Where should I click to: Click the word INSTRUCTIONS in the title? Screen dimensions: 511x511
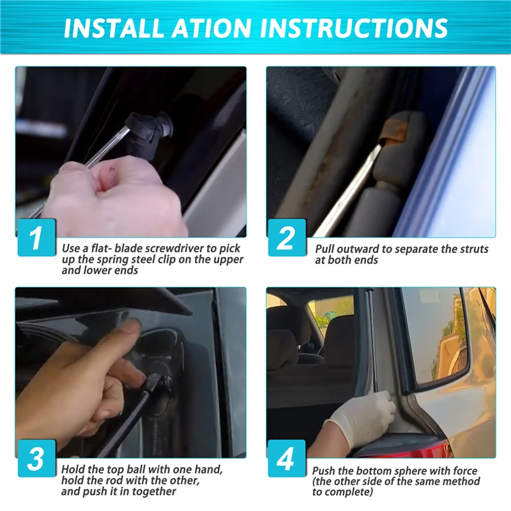pyautogui.click(x=354, y=27)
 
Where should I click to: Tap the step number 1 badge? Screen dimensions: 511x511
pyautogui.click(x=36, y=237)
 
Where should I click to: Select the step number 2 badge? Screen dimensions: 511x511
pyautogui.click(x=287, y=237)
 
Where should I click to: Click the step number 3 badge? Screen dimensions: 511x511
pyautogui.click(x=36, y=458)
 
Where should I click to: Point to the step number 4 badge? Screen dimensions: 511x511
pyautogui.click(x=287, y=458)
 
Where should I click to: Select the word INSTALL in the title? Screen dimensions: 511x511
pyautogui.click(x=113, y=27)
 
